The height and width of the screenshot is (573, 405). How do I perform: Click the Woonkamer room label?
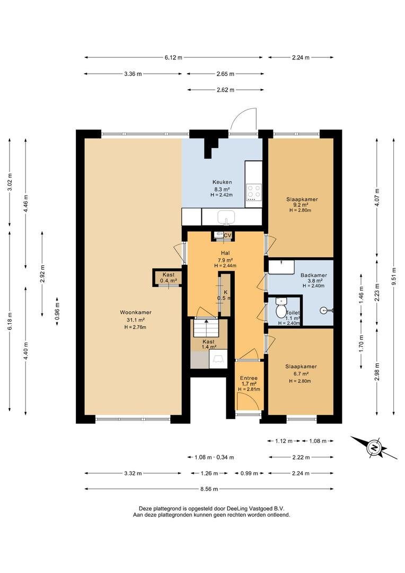[x=136, y=312]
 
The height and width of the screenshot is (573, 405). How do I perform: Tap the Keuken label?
[x=222, y=182]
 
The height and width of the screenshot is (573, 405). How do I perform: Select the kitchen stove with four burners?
[x=254, y=192]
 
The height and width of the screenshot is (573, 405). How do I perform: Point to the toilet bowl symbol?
[x=281, y=309]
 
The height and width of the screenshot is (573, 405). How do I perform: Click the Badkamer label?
[x=314, y=275]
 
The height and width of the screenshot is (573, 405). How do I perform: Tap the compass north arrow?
[x=374, y=447]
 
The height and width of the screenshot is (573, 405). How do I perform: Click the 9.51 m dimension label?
[x=394, y=276]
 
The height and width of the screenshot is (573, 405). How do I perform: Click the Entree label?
[x=249, y=378]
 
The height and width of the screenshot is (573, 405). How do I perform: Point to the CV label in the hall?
[x=227, y=236]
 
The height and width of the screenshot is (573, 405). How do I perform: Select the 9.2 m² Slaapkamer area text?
[x=302, y=205]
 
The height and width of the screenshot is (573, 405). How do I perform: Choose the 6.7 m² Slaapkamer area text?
[x=301, y=374]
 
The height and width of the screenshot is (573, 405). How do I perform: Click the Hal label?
[x=225, y=253]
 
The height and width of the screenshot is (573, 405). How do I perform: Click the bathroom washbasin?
[x=281, y=266]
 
